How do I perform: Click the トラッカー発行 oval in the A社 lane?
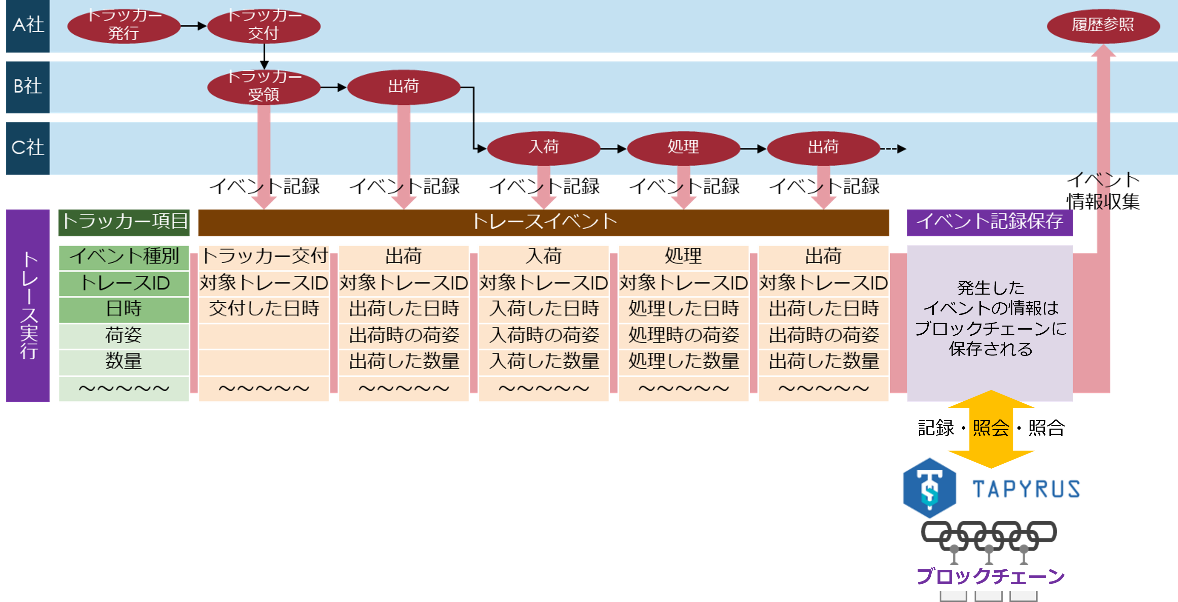click(123, 26)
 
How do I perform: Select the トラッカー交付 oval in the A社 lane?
click(263, 26)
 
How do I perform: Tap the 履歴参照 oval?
click(1103, 26)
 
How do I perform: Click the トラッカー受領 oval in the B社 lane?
click(263, 87)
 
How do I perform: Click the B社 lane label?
click(28, 87)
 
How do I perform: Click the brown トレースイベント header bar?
click(543, 222)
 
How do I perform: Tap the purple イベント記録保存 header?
click(989, 222)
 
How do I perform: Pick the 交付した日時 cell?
click(264, 309)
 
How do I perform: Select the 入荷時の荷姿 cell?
click(544, 336)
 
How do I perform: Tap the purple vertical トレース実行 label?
click(28, 306)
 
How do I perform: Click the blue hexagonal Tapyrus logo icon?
click(929, 488)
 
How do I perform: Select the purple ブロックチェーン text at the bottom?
click(991, 576)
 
